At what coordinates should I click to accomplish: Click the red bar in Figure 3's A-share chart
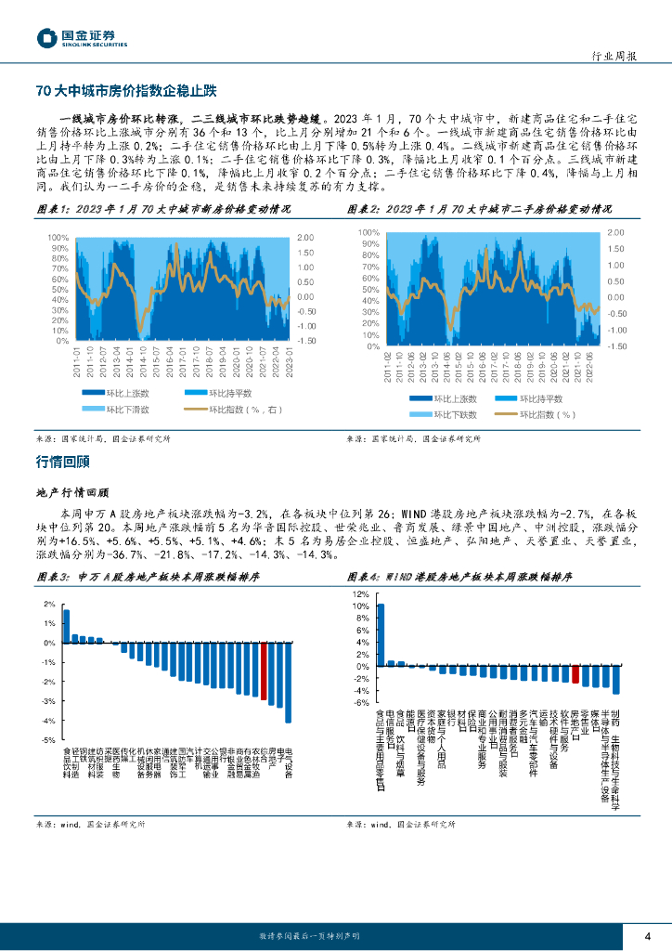pos(264,671)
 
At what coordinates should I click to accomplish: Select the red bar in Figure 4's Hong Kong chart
pos(575,674)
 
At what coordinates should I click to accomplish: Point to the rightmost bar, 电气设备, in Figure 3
pos(288,683)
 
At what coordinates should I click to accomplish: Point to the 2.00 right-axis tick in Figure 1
pos(306,238)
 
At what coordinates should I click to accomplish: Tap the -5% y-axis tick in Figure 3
pos(49,740)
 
